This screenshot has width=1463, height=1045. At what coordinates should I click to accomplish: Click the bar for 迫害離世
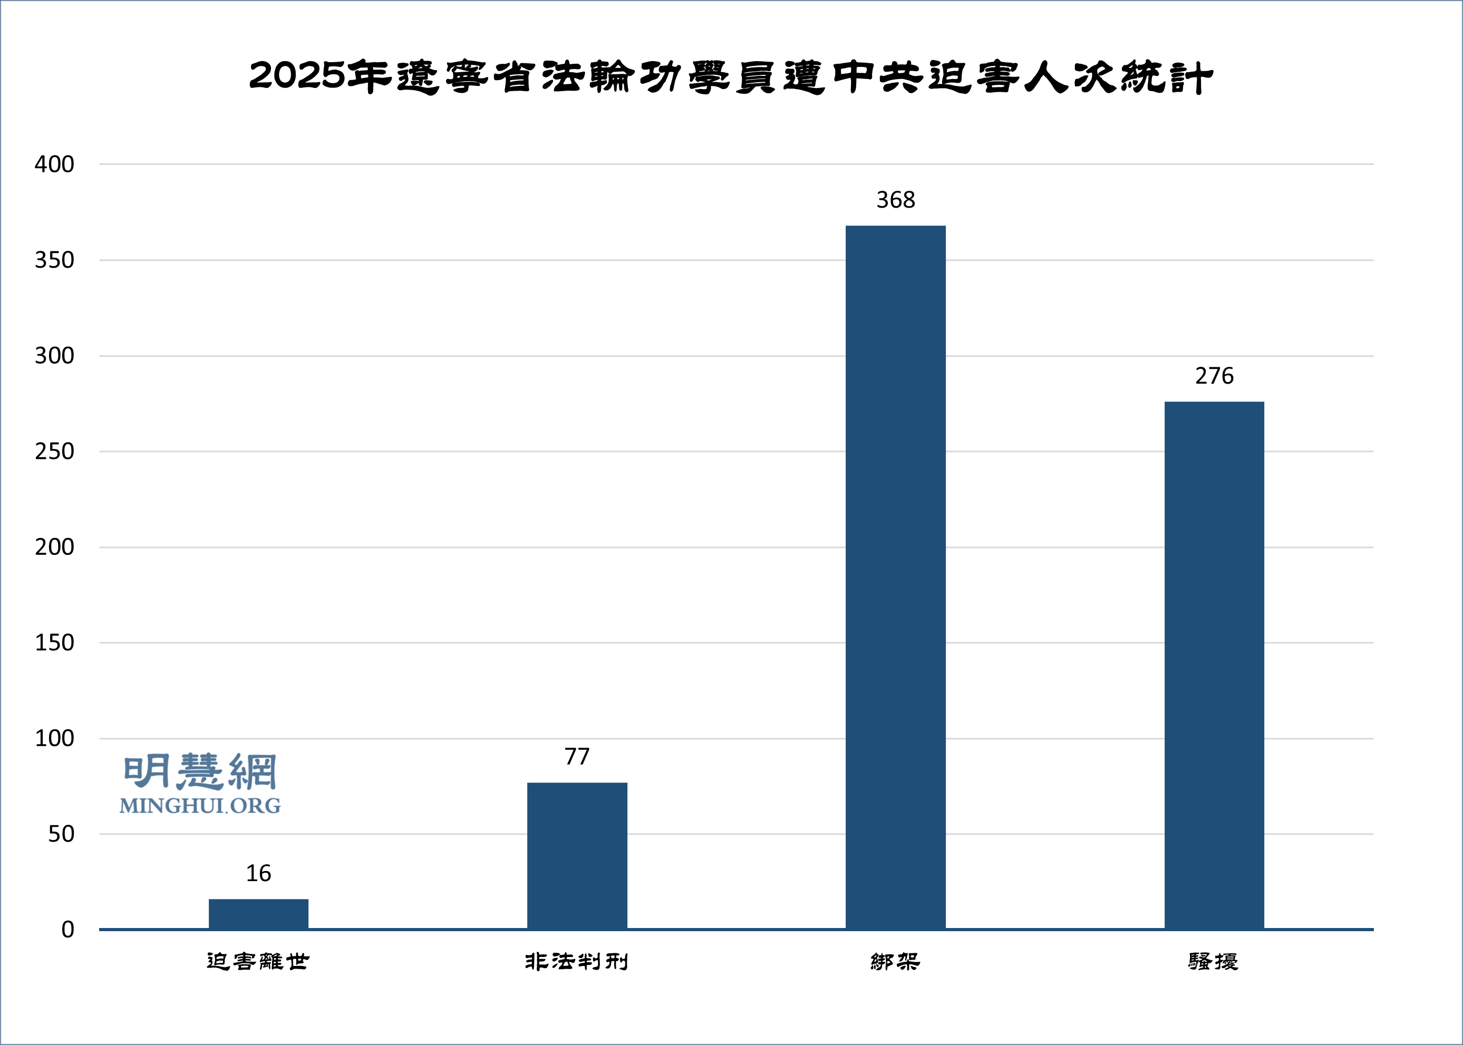pos(258,914)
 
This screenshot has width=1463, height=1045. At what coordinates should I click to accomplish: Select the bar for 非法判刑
pos(577,856)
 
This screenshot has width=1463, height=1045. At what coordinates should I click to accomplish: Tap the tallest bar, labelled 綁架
pos(895,577)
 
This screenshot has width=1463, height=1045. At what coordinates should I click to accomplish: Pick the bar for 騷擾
pos(1214,666)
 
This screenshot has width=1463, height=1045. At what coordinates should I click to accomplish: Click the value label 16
pos(258,873)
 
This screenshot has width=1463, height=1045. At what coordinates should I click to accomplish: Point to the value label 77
pos(577,757)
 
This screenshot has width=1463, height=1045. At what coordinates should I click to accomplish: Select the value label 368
pos(895,200)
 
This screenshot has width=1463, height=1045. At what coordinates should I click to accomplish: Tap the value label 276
pos(1214,376)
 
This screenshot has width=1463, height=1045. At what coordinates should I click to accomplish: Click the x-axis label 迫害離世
pos(258,961)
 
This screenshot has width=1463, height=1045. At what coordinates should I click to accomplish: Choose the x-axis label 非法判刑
pos(577,961)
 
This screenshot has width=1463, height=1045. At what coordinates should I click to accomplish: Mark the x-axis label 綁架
pos(895,961)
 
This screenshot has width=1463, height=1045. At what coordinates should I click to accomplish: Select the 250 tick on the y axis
pos(54,452)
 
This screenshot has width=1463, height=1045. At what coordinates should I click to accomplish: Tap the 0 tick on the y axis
pos(67,930)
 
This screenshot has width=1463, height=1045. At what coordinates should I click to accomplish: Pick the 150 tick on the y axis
pos(54,643)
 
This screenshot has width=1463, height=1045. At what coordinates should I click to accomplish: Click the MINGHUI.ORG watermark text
pos(200,806)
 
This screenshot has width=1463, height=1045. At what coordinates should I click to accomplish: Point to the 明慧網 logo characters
pos(200,771)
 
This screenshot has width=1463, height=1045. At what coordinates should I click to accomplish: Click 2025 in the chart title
pos(297,76)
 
